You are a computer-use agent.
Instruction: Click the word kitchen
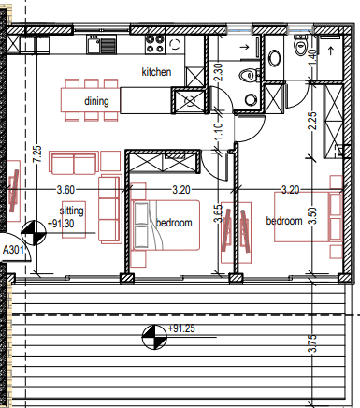pyautogui.click(x=156, y=72)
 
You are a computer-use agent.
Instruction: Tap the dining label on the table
pyautogui.click(x=96, y=101)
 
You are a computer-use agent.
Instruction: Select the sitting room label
pyautogui.click(x=72, y=211)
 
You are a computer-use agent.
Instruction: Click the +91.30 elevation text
pyautogui.click(x=61, y=224)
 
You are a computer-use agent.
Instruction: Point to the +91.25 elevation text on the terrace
pyautogui.click(x=181, y=328)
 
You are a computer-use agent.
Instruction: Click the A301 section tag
pyautogui.click(x=13, y=250)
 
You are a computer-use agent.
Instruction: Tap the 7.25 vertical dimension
pyautogui.click(x=37, y=154)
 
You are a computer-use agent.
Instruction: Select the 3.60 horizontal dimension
pyautogui.click(x=65, y=190)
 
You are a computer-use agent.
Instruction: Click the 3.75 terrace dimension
pyautogui.click(x=312, y=343)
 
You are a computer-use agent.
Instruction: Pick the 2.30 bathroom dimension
pyautogui.click(x=219, y=72)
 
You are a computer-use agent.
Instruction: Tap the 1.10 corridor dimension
pyautogui.click(x=219, y=132)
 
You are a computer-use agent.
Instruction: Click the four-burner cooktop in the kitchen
pyautogui.click(x=155, y=44)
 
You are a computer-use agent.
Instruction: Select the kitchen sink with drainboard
pyautogui.click(x=101, y=45)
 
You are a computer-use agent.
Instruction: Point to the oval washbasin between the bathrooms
pyautogui.click(x=274, y=58)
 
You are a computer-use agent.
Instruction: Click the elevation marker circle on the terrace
pyautogui.click(x=154, y=337)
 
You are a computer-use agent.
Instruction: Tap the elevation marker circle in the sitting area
pyautogui.click(x=34, y=233)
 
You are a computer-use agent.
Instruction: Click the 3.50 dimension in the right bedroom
pyautogui.click(x=312, y=216)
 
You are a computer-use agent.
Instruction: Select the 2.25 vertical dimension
pyautogui.click(x=312, y=121)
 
